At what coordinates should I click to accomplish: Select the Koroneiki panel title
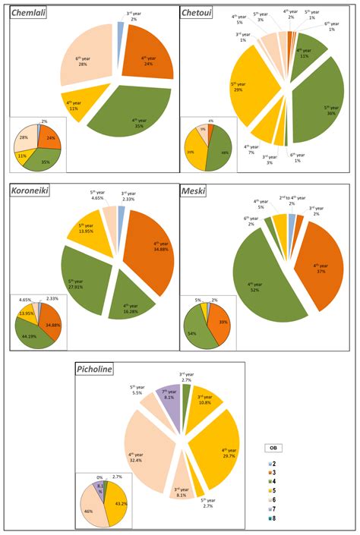(x=30, y=192)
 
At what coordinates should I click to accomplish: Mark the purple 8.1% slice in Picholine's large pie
(x=169, y=395)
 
